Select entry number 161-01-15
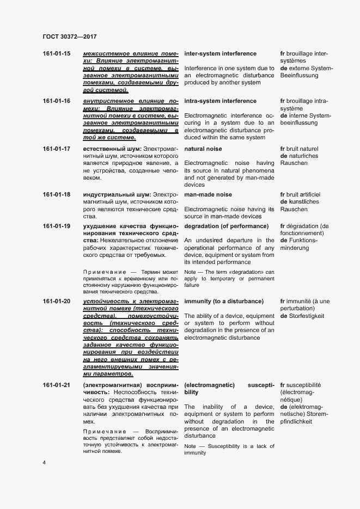(x=56, y=54)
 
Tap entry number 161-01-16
(x=56, y=101)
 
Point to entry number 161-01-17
(x=56, y=149)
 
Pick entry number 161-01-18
(x=56, y=195)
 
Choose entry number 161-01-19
(x=56, y=226)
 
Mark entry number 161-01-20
(x=56, y=302)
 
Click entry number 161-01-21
(x=56, y=385)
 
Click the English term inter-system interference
(x=220, y=54)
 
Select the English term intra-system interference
(x=220, y=101)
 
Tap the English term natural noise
(x=203, y=149)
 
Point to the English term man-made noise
(x=208, y=195)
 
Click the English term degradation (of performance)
(x=226, y=226)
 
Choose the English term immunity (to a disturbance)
(x=224, y=302)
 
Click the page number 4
(x=45, y=463)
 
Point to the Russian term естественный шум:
(x=112, y=149)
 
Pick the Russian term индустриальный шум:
(x=117, y=195)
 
